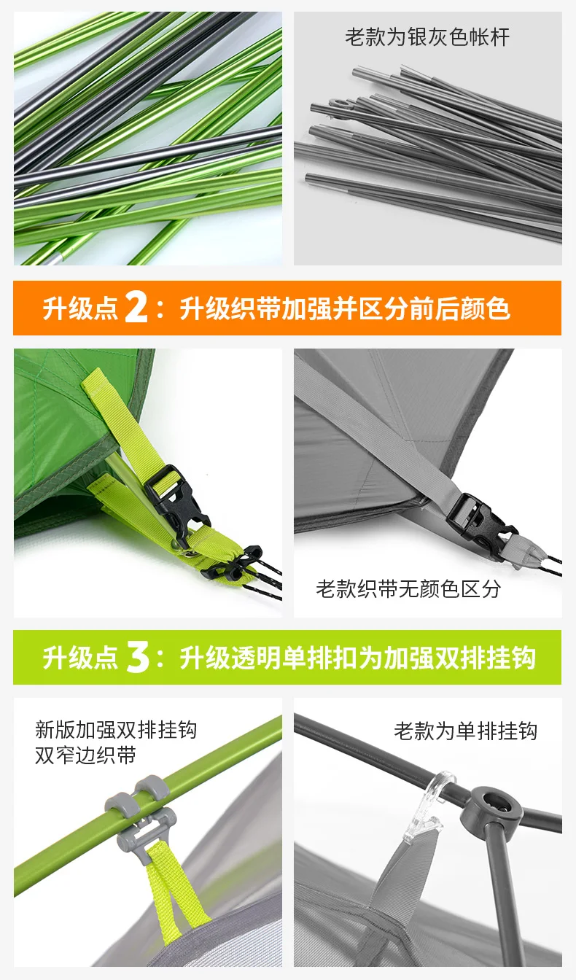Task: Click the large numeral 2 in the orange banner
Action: click(x=136, y=308)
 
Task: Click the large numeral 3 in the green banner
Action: click(x=138, y=657)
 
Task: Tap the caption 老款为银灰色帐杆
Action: click(x=427, y=36)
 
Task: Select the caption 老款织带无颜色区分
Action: click(x=408, y=588)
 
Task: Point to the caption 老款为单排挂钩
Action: click(x=465, y=731)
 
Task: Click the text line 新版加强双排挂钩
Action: click(x=116, y=729)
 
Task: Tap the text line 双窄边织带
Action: click(x=86, y=755)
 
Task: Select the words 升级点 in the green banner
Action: click(x=80, y=657)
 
